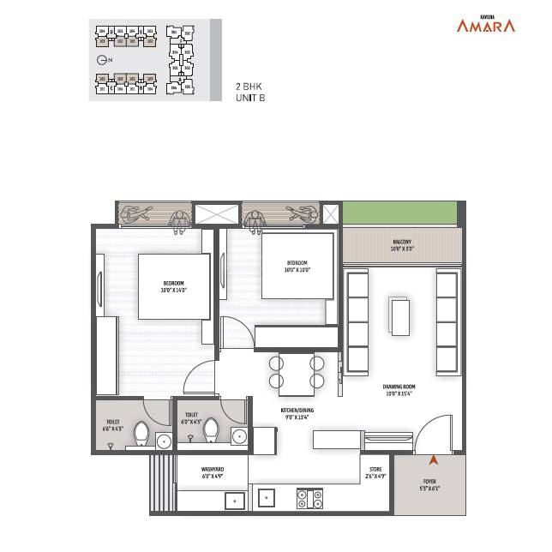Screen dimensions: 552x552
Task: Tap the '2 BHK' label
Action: pos(249,87)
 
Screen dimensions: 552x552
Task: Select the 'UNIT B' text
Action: pos(250,99)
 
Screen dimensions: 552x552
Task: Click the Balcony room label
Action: pos(402,247)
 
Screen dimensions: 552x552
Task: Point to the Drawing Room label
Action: pos(399,391)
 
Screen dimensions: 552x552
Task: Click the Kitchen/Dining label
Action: pos(297,415)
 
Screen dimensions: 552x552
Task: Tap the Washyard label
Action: pos(213,472)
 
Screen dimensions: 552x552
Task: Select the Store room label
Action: pos(375,472)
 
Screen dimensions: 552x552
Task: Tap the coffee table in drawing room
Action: pos(400,315)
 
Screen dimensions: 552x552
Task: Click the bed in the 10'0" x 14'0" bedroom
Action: pos(174,286)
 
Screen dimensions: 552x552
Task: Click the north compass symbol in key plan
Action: pos(102,60)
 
